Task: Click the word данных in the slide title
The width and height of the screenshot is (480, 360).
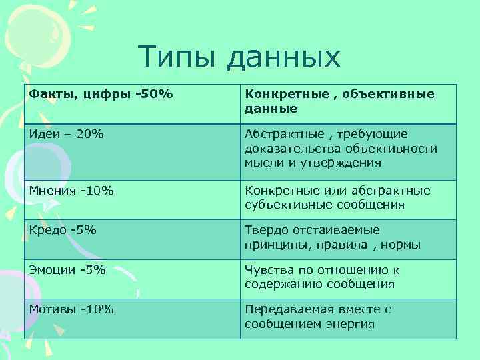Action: point(284,59)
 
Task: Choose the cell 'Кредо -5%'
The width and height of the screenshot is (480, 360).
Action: point(63,230)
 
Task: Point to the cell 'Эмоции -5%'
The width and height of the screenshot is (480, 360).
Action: point(67,270)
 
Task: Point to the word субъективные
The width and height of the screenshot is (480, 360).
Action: point(285,205)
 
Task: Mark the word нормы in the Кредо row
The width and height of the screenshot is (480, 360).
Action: point(403,245)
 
